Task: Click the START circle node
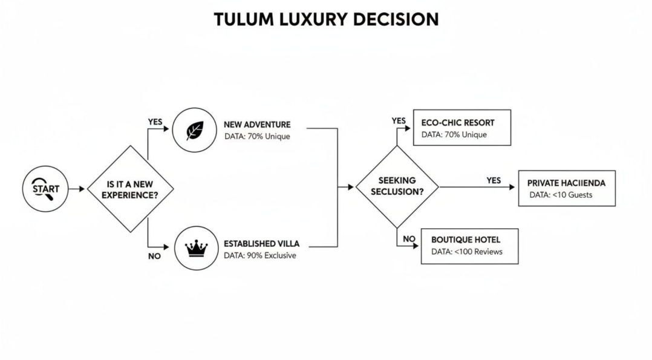(45, 189)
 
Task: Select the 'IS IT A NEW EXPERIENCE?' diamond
(130, 189)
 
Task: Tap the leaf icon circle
(195, 129)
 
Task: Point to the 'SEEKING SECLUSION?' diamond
(397, 187)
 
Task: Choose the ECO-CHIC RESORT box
(461, 128)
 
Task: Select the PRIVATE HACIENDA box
(566, 188)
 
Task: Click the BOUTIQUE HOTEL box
(469, 246)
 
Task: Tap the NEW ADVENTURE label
(257, 125)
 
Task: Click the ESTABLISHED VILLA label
(261, 243)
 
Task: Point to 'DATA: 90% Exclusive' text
(260, 255)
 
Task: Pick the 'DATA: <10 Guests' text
(561, 195)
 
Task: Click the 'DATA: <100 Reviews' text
(466, 252)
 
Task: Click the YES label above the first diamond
(155, 122)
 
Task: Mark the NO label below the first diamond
(154, 256)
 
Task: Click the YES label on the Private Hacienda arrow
(494, 180)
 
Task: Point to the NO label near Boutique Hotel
(409, 239)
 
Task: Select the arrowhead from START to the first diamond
(82, 189)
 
